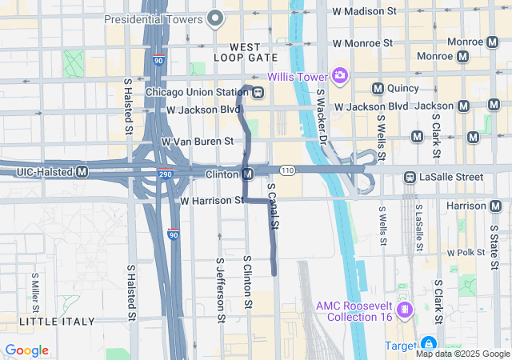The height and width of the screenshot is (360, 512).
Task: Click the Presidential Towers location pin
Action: [x=214, y=18]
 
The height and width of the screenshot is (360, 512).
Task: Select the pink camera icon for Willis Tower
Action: [x=340, y=75]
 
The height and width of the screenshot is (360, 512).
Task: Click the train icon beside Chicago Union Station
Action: [x=258, y=91]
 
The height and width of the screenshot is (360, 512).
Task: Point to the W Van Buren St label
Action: [x=198, y=142]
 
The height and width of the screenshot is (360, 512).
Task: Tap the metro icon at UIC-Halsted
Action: [x=82, y=171]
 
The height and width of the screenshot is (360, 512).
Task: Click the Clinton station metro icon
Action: [x=249, y=174]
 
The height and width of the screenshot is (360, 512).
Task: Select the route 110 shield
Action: [x=288, y=170]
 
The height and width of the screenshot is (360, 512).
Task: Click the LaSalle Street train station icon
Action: [x=409, y=177]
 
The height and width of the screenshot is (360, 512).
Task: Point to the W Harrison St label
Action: [x=212, y=200]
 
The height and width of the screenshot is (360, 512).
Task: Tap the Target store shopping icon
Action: [x=430, y=345]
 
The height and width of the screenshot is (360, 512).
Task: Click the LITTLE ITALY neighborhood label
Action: [x=56, y=321]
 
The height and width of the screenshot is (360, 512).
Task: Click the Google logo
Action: [x=27, y=350]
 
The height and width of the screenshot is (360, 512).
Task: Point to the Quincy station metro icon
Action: [x=378, y=88]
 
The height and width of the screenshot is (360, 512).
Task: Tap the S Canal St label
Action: [x=272, y=206]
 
